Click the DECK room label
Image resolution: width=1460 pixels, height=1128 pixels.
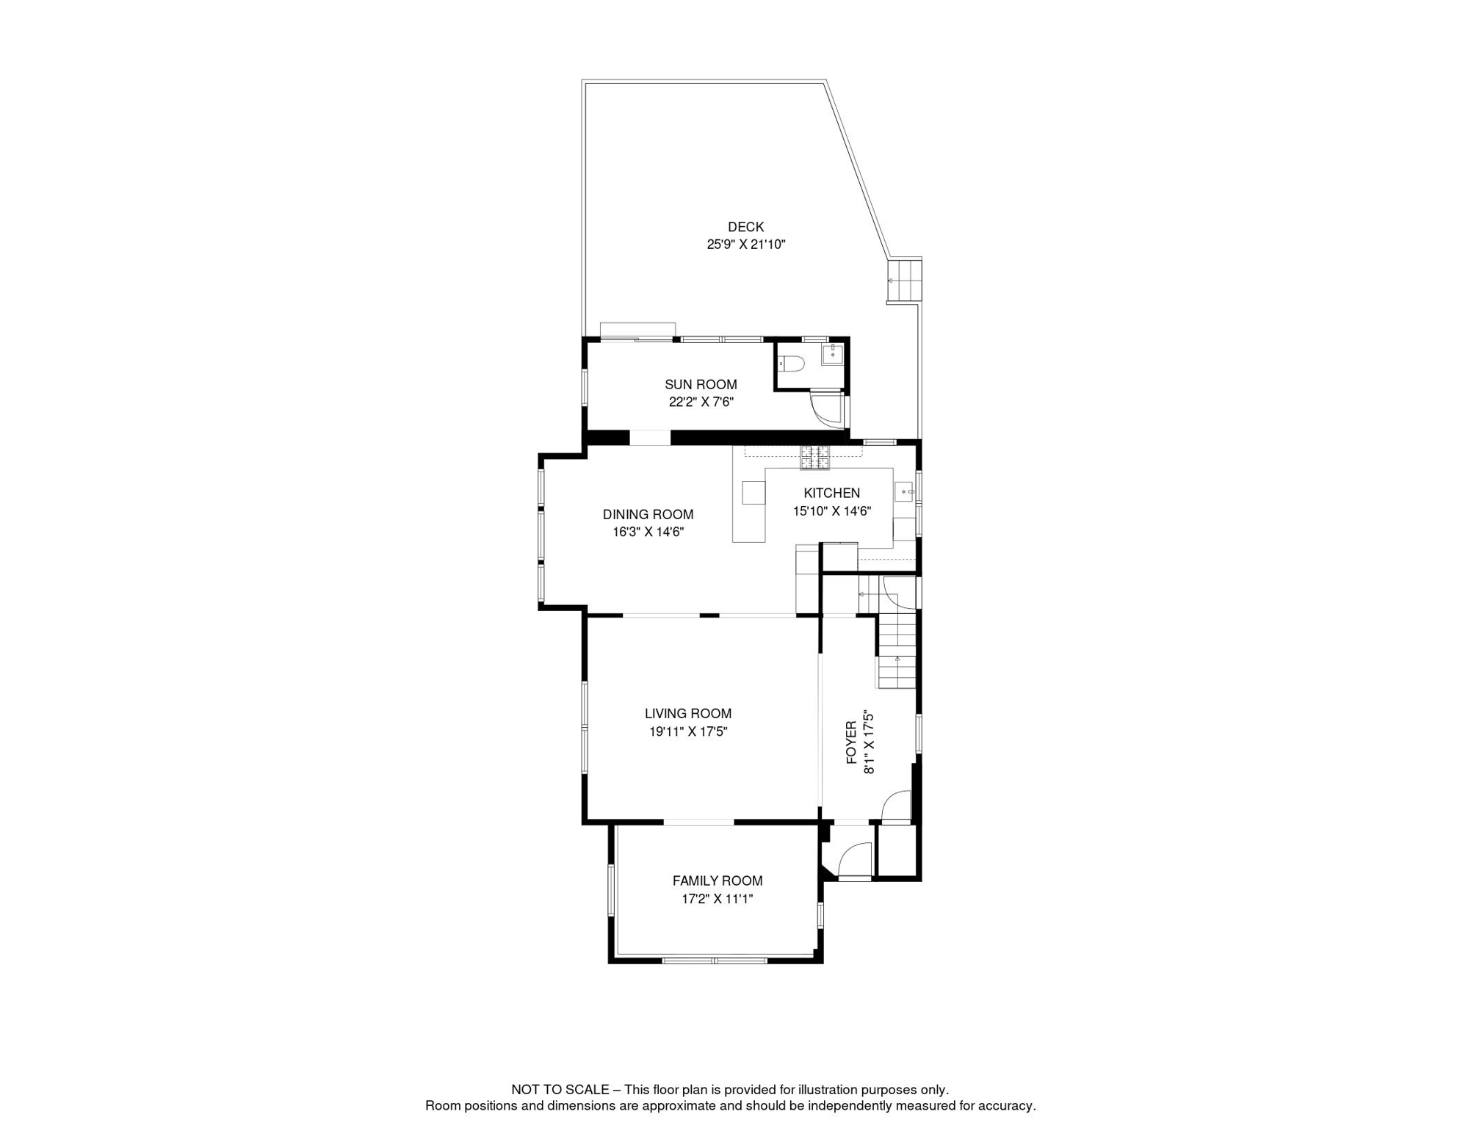click(x=745, y=227)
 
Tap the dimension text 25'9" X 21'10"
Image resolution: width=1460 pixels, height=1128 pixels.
click(x=745, y=245)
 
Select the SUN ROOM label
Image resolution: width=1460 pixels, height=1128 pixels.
click(x=701, y=384)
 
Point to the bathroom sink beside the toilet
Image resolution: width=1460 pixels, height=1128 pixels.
click(x=832, y=354)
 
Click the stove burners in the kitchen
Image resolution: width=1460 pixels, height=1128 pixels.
click(x=814, y=457)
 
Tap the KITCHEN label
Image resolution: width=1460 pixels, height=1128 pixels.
click(x=831, y=493)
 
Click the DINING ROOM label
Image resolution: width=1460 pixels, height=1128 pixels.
click(x=648, y=514)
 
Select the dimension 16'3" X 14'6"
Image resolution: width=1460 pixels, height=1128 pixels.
click(x=648, y=532)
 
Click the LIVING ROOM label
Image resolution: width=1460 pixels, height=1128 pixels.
click(x=687, y=713)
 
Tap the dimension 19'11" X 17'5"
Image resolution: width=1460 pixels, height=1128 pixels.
click(x=687, y=731)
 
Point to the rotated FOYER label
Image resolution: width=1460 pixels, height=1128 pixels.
click(x=851, y=742)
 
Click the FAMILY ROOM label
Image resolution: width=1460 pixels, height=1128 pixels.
click(x=717, y=881)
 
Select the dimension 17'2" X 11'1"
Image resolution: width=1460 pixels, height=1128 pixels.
click(x=717, y=899)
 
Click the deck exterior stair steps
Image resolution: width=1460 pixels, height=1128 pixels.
click(x=905, y=281)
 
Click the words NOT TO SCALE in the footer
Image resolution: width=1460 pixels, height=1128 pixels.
click(x=560, y=1090)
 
